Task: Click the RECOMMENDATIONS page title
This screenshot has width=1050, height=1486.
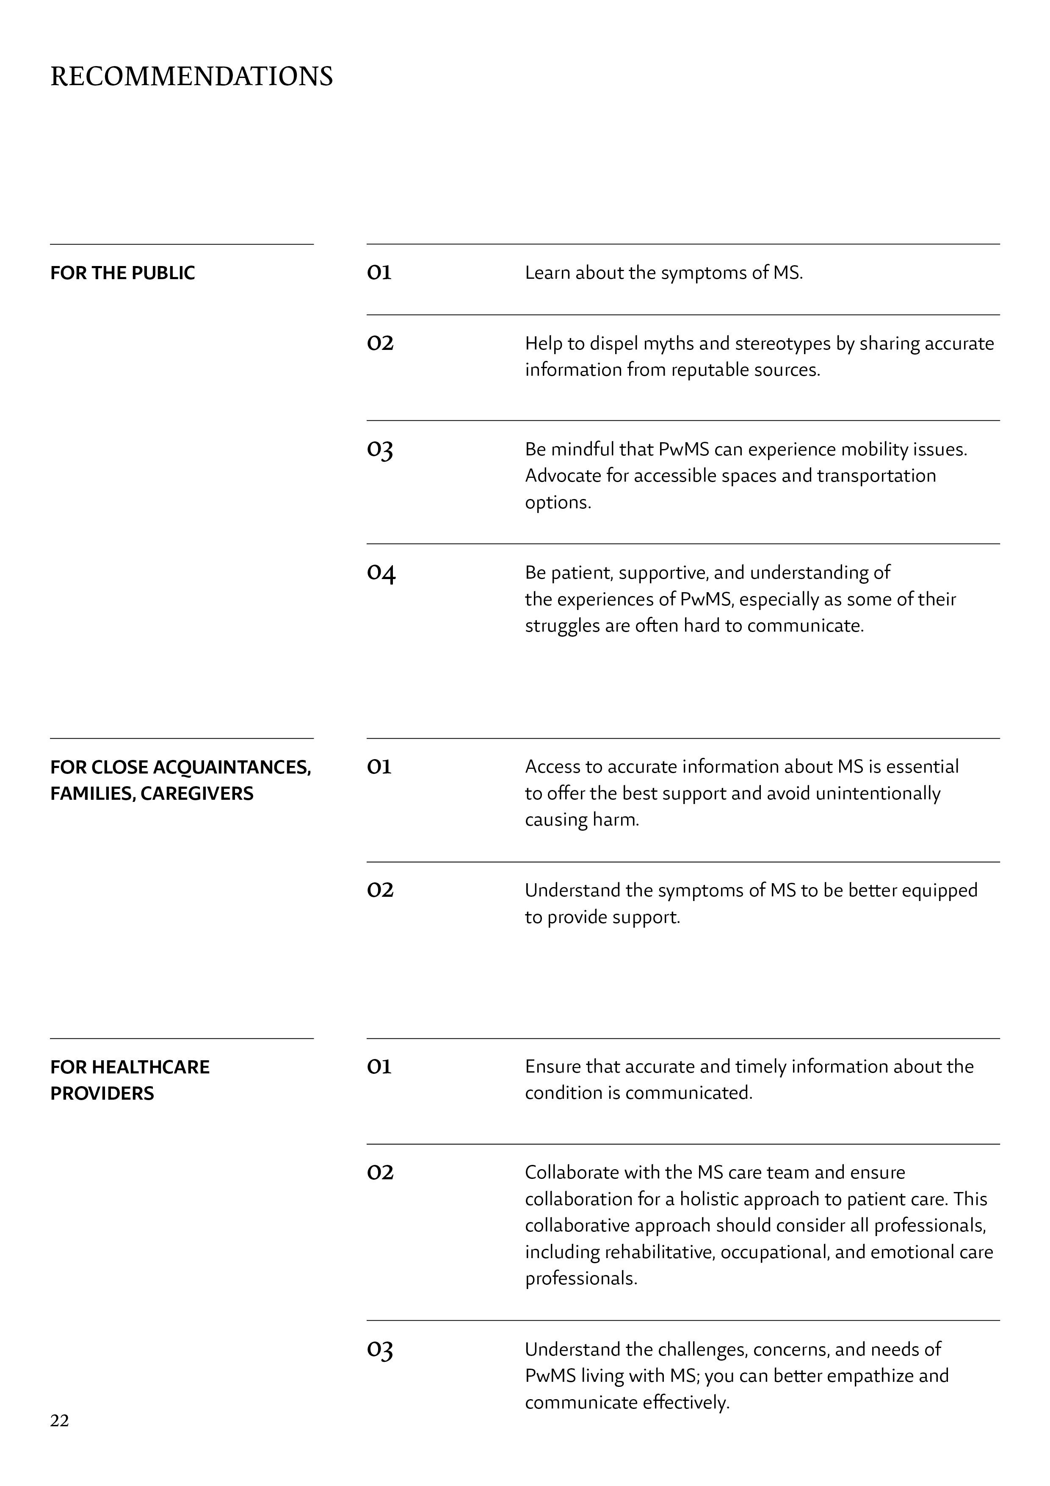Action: [191, 76]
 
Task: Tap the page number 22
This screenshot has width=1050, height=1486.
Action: [60, 1421]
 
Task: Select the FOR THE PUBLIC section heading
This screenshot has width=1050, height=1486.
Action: [122, 273]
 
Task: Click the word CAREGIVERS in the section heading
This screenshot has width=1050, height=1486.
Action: [197, 793]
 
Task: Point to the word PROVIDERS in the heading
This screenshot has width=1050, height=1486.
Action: [102, 1093]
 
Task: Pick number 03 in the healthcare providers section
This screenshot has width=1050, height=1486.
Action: [380, 1350]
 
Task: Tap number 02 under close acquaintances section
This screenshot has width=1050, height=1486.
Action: [380, 890]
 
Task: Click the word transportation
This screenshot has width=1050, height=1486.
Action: [876, 476]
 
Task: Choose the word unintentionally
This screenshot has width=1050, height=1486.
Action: [878, 793]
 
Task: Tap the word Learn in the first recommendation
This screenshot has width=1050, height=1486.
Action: [547, 273]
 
